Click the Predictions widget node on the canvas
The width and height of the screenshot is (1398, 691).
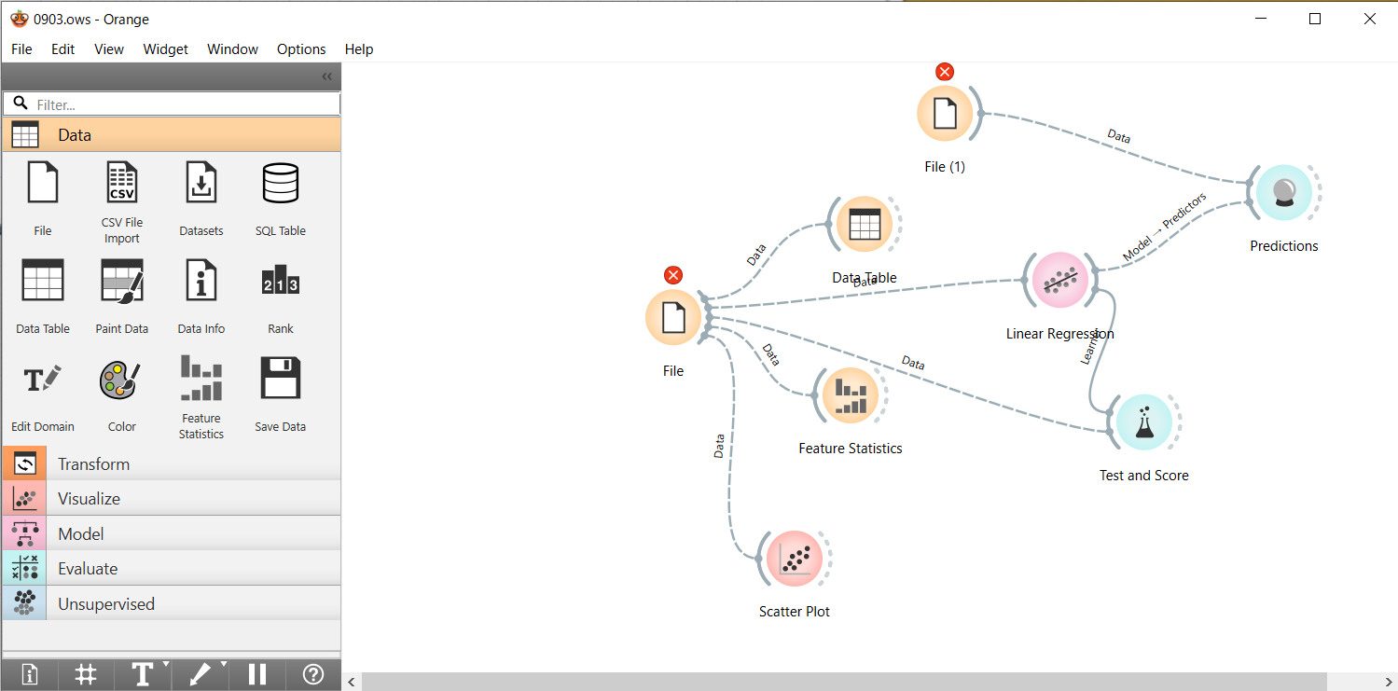tap(1283, 193)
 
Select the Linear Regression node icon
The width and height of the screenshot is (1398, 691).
tap(1059, 280)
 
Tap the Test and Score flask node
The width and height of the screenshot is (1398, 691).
tap(1143, 422)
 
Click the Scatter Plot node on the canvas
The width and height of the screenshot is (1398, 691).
tap(794, 559)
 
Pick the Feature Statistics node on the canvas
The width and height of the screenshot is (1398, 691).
tap(850, 394)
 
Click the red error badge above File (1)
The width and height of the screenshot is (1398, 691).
tap(945, 72)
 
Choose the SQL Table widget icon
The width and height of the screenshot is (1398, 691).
tap(281, 183)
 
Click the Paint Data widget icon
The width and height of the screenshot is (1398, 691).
tap(122, 281)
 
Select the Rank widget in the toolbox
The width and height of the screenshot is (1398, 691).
tap(281, 281)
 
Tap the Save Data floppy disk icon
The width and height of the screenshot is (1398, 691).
tap(281, 379)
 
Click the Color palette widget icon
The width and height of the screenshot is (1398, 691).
tap(122, 379)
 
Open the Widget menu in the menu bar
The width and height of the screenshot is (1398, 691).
tap(165, 49)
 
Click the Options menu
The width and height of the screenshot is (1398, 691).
tap(301, 49)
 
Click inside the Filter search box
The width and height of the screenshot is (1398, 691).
tap(182, 104)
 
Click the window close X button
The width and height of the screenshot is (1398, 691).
tap(1369, 19)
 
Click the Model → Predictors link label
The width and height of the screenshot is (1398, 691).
tap(1164, 227)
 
